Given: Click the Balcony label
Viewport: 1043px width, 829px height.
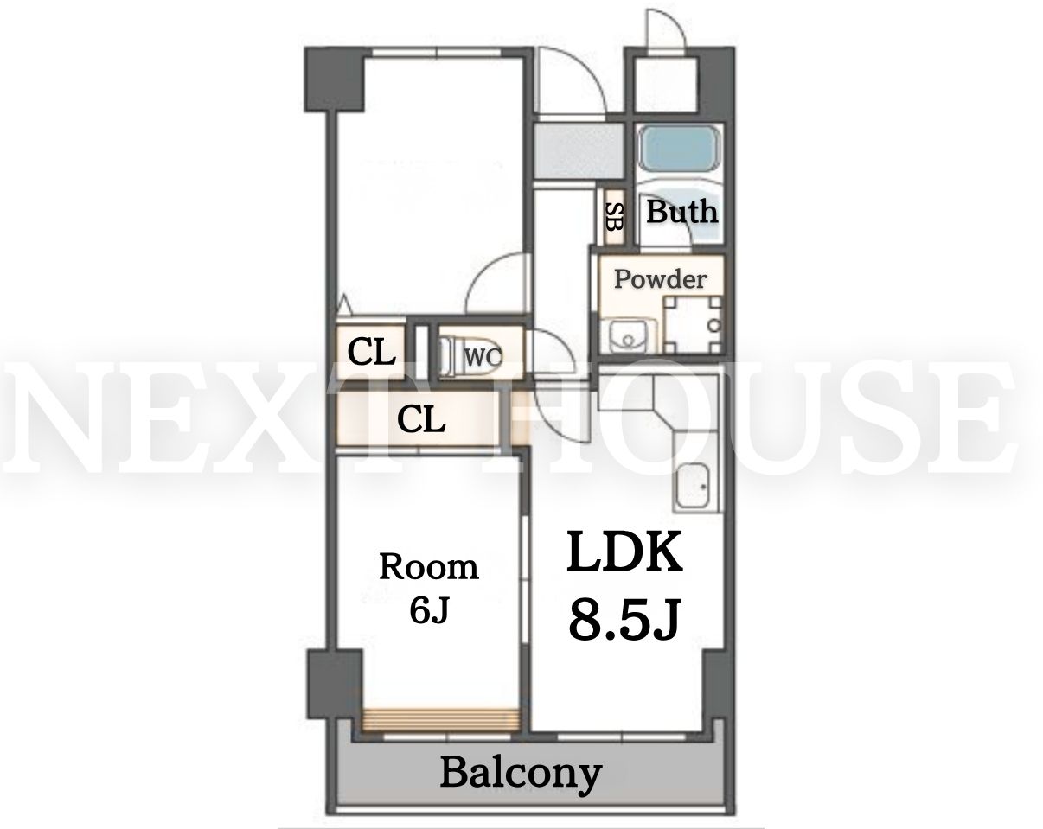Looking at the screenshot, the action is click(x=521, y=775).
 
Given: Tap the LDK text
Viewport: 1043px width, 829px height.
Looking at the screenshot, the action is click(x=624, y=553).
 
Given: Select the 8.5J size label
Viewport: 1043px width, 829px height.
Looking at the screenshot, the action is click(x=624, y=620).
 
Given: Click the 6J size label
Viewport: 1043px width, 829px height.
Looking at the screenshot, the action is click(x=430, y=610).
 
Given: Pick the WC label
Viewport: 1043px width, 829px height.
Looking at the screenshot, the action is click(x=483, y=357).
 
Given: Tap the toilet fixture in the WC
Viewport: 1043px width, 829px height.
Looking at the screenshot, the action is click(x=449, y=357).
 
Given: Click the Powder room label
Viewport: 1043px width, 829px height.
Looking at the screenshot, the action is click(x=660, y=279).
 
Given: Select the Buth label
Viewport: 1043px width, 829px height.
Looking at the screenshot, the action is click(x=681, y=211).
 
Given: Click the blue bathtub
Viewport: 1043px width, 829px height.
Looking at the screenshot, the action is click(x=679, y=147).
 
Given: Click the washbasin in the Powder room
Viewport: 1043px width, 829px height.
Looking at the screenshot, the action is click(x=628, y=335).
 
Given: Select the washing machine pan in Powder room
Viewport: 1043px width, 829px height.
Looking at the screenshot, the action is click(x=692, y=325).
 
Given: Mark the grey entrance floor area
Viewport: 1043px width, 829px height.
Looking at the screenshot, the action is click(x=579, y=150).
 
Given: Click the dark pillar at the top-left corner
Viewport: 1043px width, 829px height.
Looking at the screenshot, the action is click(x=334, y=80).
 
